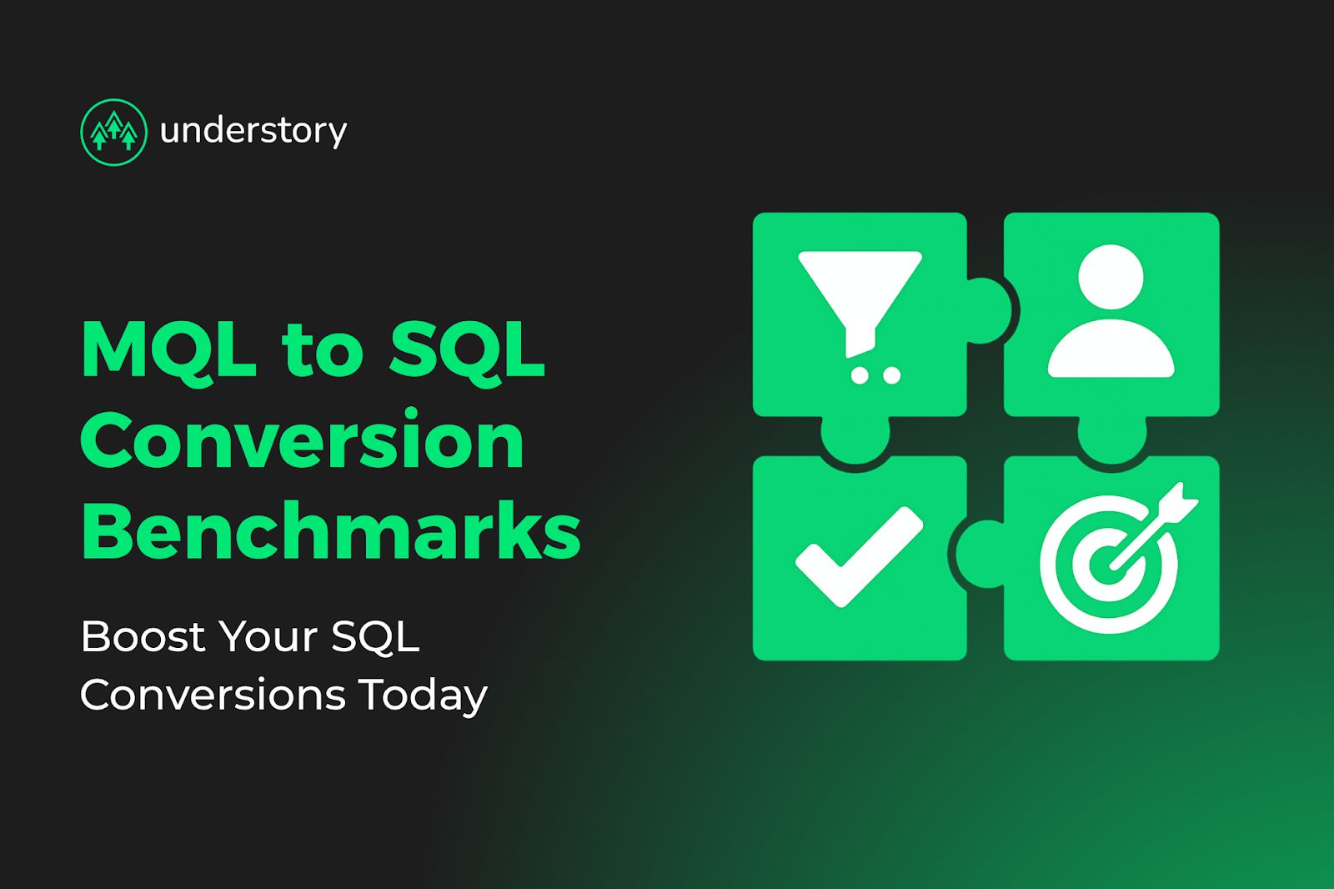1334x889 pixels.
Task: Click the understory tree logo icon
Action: click(x=113, y=132)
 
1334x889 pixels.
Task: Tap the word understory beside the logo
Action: click(x=253, y=131)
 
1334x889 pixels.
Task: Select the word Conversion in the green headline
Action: click(x=303, y=441)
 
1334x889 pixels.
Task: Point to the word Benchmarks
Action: click(x=331, y=531)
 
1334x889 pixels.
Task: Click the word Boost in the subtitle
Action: click(x=142, y=637)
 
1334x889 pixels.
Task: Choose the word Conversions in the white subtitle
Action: click(x=213, y=696)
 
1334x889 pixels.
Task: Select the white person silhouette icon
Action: click(x=1111, y=313)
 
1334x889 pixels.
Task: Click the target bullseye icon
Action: click(x=1109, y=563)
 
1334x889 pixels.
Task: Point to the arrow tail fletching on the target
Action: click(x=1179, y=501)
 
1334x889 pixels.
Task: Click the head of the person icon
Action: click(x=1111, y=276)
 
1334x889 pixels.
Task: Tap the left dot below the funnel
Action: click(x=860, y=376)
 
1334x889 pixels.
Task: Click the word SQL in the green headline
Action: click(x=467, y=350)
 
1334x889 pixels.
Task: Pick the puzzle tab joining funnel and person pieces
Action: click(x=989, y=311)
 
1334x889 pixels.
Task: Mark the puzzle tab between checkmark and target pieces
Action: click(x=980, y=554)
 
